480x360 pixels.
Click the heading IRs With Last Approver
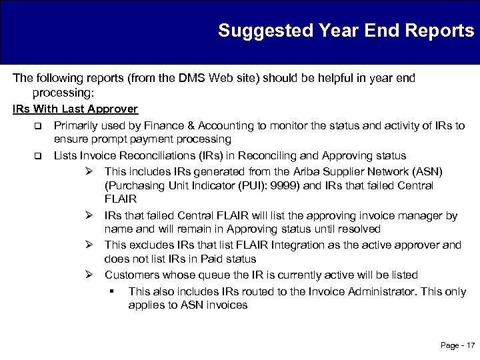click(75, 109)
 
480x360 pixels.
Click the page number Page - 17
click(457, 345)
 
